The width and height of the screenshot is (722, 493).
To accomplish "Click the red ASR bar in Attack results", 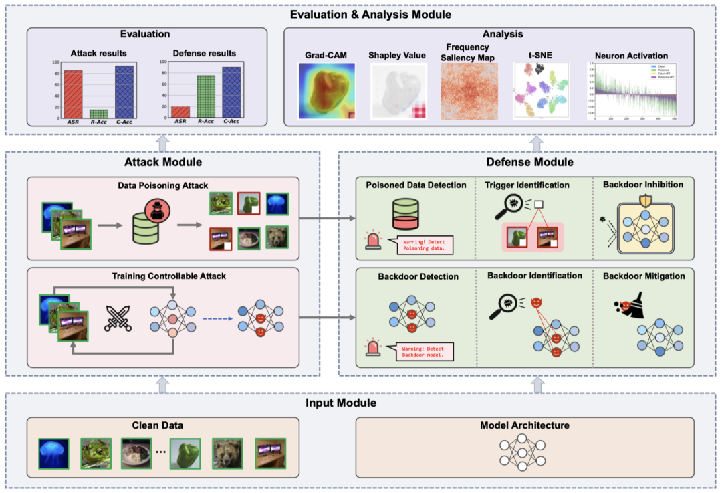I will pyautogui.click(x=74, y=94).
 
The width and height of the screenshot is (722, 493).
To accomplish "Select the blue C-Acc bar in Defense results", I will pyautogui.click(x=232, y=92).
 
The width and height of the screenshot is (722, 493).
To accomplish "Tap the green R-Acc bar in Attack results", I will pyautogui.click(x=99, y=114).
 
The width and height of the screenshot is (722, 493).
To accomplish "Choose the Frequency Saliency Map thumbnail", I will pyautogui.click(x=468, y=91).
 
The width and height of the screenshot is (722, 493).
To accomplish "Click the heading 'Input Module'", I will pyautogui.click(x=341, y=403).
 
